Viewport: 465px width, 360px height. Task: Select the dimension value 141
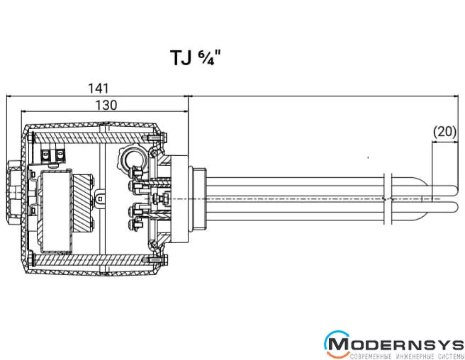(x=98, y=88)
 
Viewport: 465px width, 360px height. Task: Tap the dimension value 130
(x=106, y=103)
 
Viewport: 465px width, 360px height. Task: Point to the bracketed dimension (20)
(x=444, y=131)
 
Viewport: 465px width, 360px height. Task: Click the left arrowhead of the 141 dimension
(x=9, y=96)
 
